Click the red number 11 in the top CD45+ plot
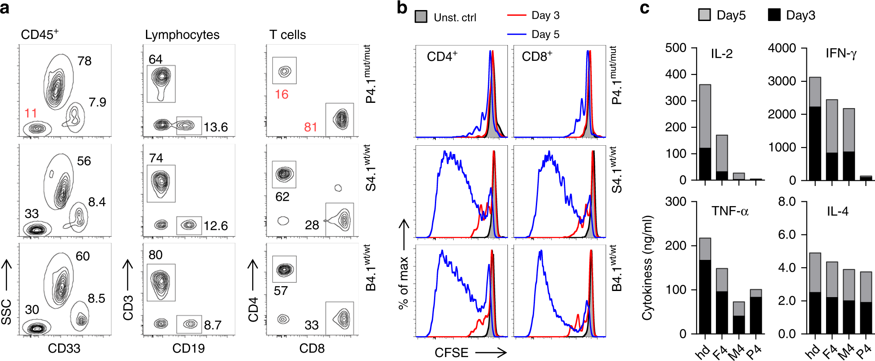point(31,113)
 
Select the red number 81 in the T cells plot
point(311,127)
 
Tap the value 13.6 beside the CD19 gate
point(215,127)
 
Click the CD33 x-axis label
point(64,348)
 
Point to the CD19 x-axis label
point(188,348)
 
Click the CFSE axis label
point(451,353)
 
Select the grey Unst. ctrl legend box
point(421,17)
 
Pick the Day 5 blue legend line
point(517,34)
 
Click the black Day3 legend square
point(774,15)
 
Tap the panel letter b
point(402,8)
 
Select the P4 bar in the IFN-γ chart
point(866,178)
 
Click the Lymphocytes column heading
point(182,35)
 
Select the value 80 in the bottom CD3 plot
point(156,255)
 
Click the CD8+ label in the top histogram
point(537,56)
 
